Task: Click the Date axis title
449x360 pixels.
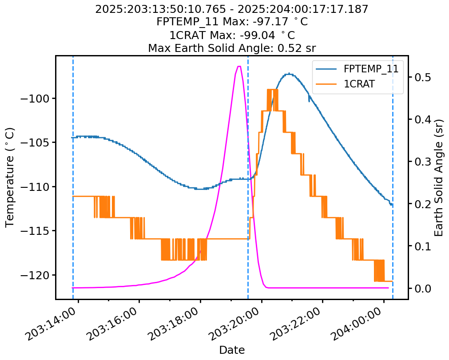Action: tap(232, 350)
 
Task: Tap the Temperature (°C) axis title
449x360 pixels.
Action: tap(10, 177)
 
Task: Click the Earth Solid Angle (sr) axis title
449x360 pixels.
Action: tap(439, 177)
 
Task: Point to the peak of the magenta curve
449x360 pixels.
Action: tap(239, 67)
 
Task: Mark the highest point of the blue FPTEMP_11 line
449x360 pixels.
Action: tap(289, 74)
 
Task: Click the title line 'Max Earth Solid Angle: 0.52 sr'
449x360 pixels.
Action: tap(232, 47)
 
